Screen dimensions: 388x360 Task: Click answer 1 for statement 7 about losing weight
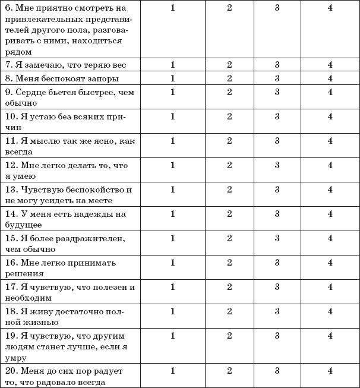[173, 64]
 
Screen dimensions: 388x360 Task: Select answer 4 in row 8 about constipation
[330, 78]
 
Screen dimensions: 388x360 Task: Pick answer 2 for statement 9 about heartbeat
[229, 92]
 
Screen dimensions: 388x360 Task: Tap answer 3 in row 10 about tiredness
[277, 116]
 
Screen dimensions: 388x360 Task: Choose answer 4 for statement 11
[330, 141]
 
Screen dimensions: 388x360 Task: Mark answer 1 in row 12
[173, 165]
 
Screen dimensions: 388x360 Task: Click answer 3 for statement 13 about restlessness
[277, 190]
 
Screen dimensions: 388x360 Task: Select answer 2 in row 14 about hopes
[229, 214]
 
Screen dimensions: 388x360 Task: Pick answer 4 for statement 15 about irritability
[330, 238]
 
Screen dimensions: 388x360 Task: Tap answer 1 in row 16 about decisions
[173, 263]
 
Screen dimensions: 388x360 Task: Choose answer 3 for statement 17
[277, 287]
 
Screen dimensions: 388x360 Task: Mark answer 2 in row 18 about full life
[229, 311]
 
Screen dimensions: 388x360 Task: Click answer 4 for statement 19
[330, 336]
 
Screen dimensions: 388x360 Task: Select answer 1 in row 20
[173, 371]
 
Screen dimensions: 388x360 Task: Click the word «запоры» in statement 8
[103, 78]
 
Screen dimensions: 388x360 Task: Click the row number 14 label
[10, 214]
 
